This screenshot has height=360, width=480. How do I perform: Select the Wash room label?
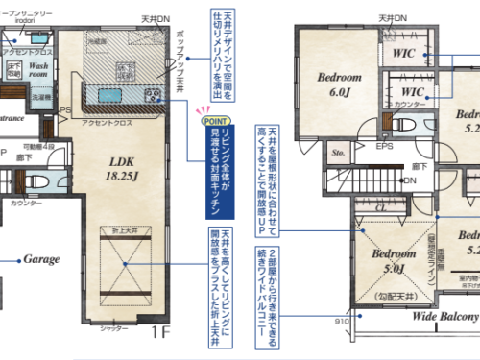[x=39, y=68]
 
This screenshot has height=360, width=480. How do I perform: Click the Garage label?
[x=41, y=259]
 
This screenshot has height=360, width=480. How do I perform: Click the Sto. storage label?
[x=338, y=152]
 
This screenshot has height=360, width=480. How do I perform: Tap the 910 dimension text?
[x=341, y=322]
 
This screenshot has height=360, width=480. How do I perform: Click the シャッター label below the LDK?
[x=114, y=329]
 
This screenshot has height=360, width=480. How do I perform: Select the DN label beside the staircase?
[x=410, y=180]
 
